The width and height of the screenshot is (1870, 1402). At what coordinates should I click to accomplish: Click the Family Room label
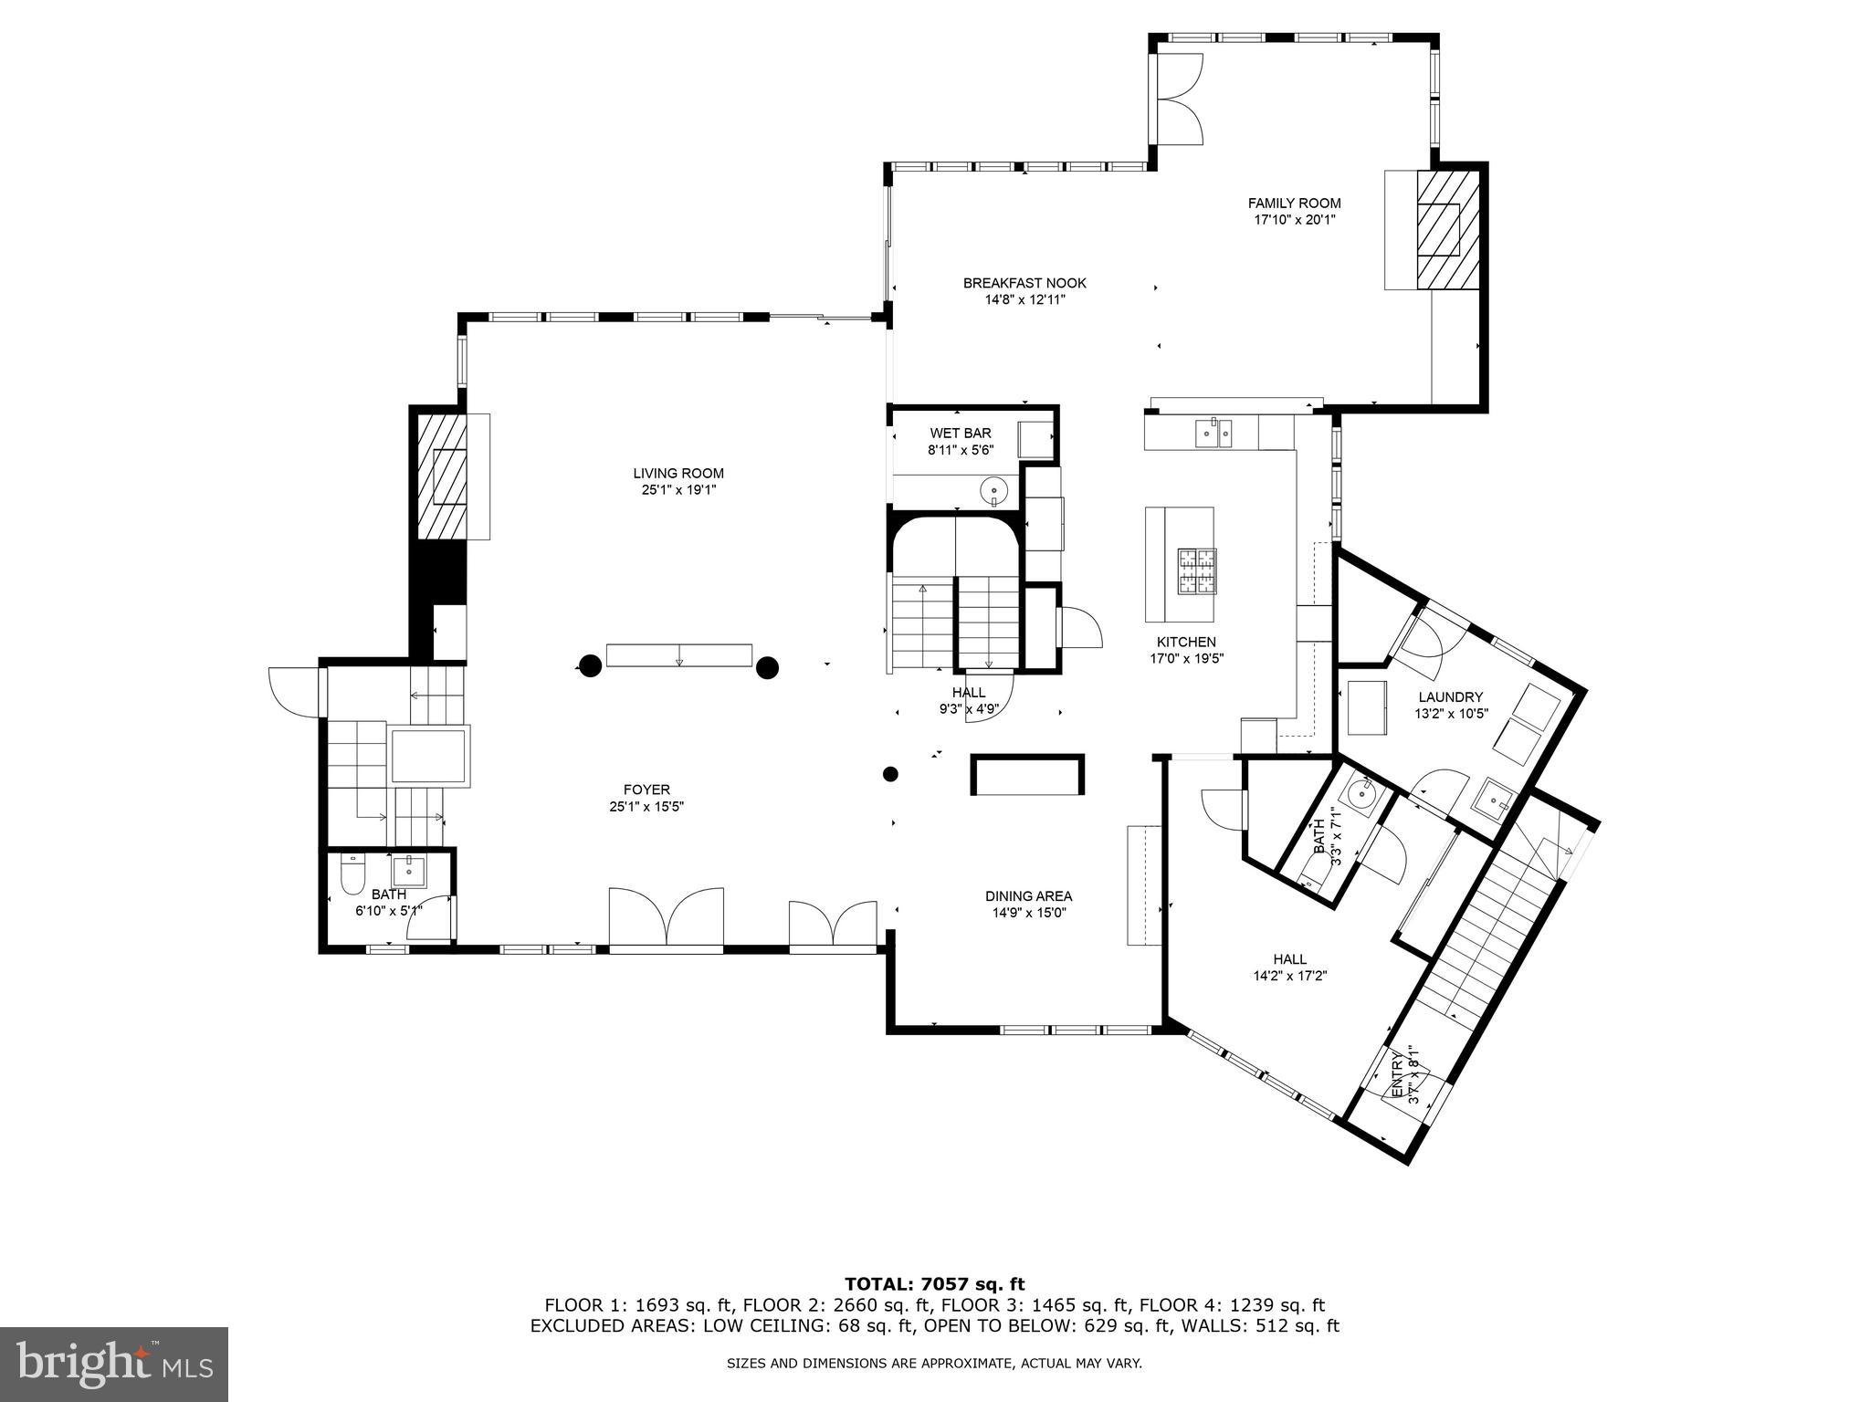click(1294, 204)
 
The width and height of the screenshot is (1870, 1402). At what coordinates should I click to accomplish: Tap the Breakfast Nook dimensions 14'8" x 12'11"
click(1024, 299)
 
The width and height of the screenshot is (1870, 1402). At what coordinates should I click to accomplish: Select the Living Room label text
click(678, 473)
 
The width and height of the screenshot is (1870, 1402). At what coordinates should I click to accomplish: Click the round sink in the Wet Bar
click(993, 492)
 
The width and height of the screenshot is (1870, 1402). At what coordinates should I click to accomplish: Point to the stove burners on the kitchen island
click(1197, 570)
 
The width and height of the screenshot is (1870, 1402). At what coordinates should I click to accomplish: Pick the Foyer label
click(646, 790)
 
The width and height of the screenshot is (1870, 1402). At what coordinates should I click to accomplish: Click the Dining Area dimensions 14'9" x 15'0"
click(1028, 913)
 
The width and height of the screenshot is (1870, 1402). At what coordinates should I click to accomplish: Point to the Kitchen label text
click(1186, 642)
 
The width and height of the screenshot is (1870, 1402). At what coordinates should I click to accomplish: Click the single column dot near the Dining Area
click(890, 774)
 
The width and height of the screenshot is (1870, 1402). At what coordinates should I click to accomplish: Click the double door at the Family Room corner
click(1179, 99)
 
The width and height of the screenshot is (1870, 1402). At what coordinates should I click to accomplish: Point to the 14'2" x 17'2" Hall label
click(1289, 967)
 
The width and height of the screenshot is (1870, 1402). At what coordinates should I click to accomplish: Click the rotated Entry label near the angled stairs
click(1404, 1077)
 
